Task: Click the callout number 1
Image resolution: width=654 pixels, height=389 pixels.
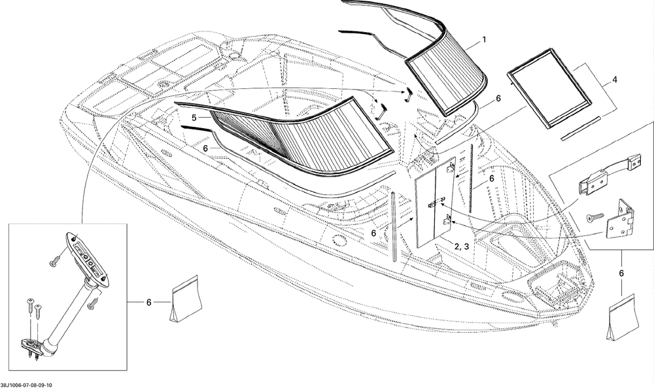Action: [484, 40]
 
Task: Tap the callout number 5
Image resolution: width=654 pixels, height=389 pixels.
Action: [194, 118]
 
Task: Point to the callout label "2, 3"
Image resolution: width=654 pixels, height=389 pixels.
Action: [461, 246]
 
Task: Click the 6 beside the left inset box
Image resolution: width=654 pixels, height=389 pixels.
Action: [149, 302]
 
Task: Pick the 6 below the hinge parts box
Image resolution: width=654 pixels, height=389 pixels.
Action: [621, 273]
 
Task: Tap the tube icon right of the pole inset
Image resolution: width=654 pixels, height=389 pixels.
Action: [185, 301]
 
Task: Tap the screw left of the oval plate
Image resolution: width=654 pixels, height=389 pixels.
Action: [54, 262]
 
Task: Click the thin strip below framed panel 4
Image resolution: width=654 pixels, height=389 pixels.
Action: [580, 128]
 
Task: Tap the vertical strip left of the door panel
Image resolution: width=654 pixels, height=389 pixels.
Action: [393, 226]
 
